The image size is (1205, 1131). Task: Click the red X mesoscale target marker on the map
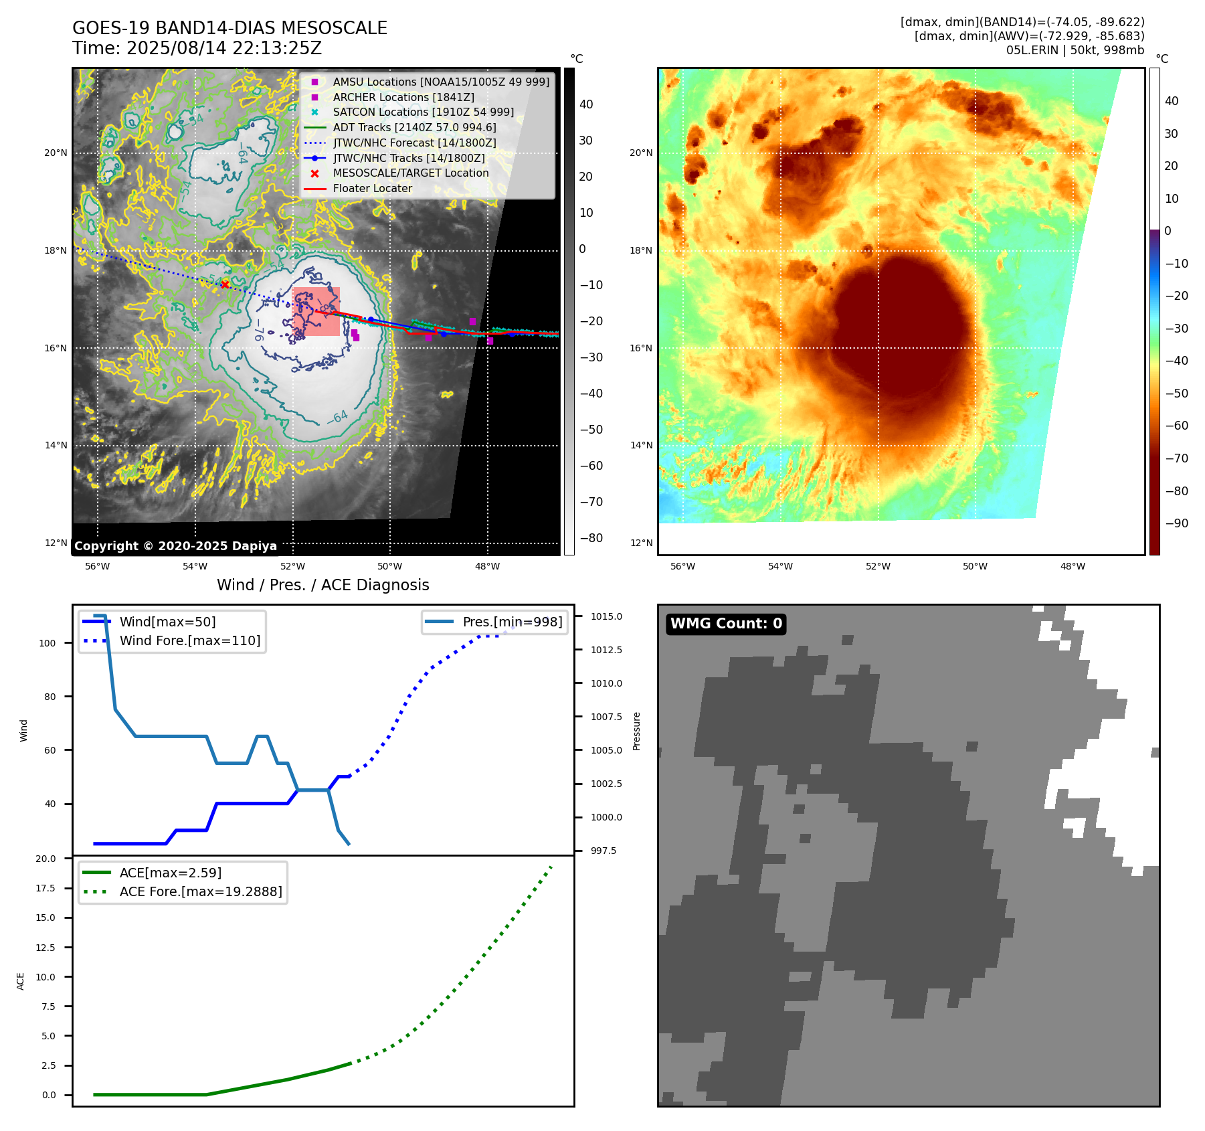225,284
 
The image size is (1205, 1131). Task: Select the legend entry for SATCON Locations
423,112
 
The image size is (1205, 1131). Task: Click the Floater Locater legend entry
372,189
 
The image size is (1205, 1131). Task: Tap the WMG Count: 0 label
726,624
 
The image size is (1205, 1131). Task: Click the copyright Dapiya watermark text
175,546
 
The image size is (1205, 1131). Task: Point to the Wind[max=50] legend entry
167,622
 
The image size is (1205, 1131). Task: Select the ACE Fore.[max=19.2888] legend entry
200,891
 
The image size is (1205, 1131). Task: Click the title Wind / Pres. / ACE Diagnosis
322,585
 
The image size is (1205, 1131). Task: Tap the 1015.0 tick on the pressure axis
606,616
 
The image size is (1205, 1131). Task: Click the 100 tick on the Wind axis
48,643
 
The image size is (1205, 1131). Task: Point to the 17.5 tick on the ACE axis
45,888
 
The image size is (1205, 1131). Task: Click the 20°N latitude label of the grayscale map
56,153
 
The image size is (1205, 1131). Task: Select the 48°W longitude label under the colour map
1073,566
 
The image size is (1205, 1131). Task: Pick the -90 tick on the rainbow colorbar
1176,523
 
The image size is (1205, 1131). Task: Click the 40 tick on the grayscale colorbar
586,104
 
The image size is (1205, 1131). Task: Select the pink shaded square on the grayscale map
316,312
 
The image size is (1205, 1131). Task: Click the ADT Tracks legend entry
414,128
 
